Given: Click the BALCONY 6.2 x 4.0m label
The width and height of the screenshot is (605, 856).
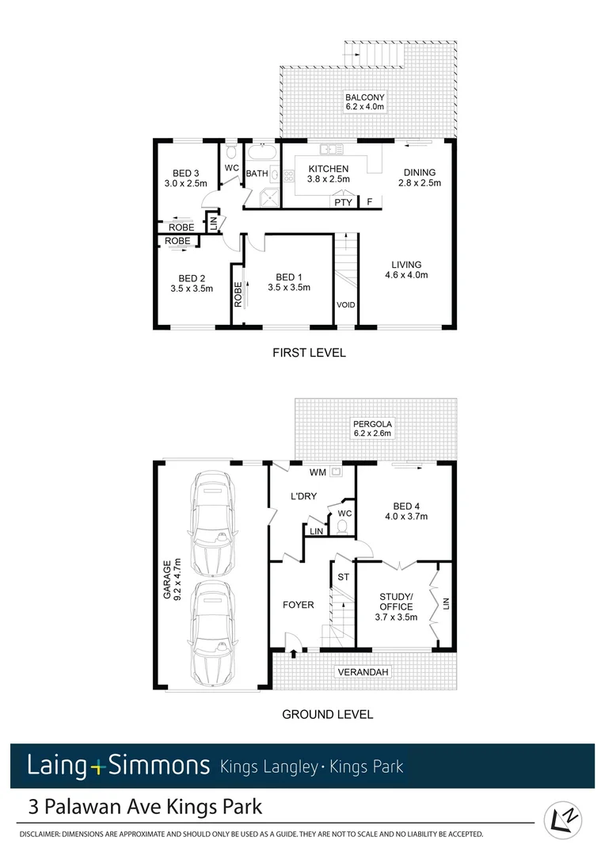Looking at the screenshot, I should (364, 101).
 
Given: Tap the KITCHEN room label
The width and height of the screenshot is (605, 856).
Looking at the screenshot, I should (328, 174).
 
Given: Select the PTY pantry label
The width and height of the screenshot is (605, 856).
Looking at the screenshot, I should (343, 203).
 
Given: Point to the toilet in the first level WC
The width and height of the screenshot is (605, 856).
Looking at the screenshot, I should (230, 151).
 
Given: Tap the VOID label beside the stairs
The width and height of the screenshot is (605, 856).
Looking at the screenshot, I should (345, 304).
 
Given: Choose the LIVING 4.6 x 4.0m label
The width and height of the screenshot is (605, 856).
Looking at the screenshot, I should (405, 270).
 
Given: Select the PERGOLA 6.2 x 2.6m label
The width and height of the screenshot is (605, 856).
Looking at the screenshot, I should (372, 429).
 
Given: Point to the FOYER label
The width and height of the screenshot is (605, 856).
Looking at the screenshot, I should (299, 605).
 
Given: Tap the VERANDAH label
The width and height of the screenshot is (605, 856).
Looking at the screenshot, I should (363, 672).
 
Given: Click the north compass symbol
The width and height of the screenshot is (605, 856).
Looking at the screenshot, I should (563, 820).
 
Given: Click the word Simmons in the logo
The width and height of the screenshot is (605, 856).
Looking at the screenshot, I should (158, 766).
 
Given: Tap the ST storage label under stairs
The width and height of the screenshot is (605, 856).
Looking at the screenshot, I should (343, 576).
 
